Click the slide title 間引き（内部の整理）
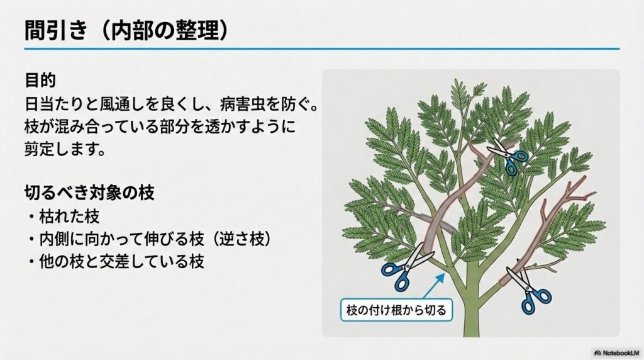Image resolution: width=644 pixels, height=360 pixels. (126, 30)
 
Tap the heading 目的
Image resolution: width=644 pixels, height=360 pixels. (40, 80)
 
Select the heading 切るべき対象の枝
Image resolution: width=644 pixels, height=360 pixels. (89, 193)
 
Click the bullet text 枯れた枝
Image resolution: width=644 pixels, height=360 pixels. (69, 216)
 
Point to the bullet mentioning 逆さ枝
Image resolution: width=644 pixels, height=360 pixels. (155, 239)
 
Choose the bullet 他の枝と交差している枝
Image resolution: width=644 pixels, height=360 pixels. (121, 261)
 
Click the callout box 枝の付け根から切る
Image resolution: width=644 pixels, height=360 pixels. (396, 310)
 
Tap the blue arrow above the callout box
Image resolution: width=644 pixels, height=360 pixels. (434, 286)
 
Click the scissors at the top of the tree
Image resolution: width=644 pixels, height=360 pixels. (507, 156)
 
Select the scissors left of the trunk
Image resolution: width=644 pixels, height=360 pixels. (407, 267)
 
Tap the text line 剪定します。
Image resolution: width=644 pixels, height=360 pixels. (65, 149)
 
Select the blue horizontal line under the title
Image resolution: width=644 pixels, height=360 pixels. (321, 49)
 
